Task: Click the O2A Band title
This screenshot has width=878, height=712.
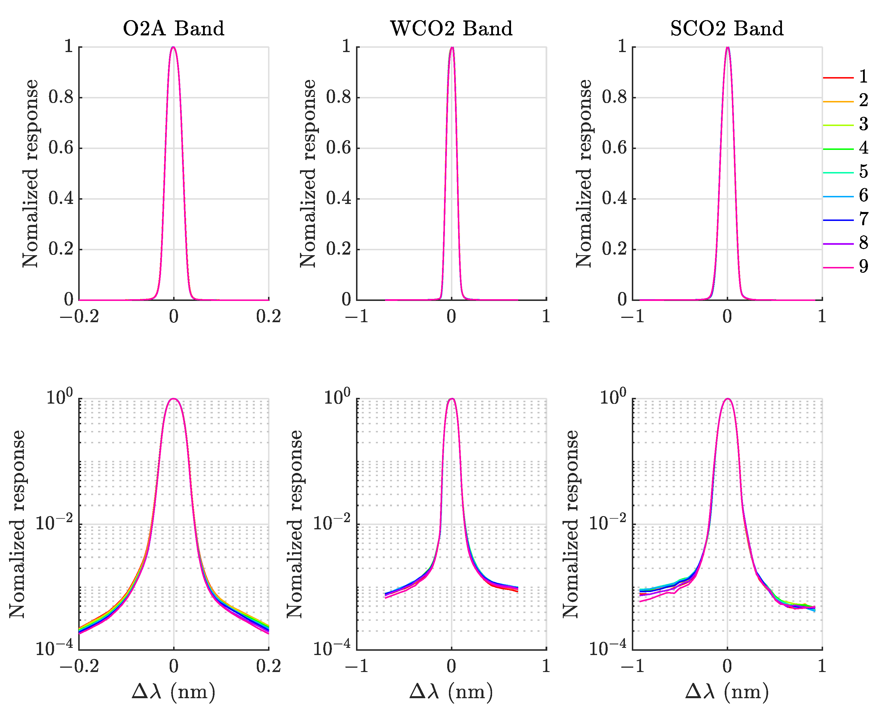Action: pyautogui.click(x=173, y=29)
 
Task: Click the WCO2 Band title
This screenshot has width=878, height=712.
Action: pyautogui.click(x=451, y=29)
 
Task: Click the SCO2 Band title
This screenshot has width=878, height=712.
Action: pyautogui.click(x=727, y=29)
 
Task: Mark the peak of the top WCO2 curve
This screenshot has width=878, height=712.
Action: pyautogui.click(x=452, y=47)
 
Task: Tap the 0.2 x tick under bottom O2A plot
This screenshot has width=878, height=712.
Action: pyautogui.click(x=269, y=667)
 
